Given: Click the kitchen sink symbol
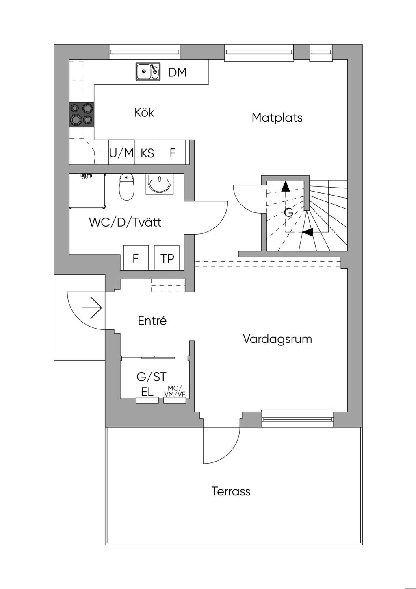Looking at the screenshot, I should point(147,72).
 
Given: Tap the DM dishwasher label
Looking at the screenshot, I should point(178,72).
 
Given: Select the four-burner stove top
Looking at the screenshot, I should point(82,114).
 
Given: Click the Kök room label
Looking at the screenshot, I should point(145,112).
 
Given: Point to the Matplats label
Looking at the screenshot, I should point(277,118).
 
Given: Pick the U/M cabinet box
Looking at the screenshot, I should point(121,153).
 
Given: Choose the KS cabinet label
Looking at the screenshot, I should point(147,153).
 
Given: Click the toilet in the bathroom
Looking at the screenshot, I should point(127,188).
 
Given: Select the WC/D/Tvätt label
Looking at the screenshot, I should point(125,223).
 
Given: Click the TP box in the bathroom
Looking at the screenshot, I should point(167,258).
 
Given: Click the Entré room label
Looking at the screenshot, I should point(152,321).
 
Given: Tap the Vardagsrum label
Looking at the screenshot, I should point(277,339).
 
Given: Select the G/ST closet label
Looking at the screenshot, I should point(152,377).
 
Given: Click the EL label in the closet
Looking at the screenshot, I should point(147,392).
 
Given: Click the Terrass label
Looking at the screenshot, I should point(231,491).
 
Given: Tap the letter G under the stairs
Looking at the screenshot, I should point(288,213).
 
